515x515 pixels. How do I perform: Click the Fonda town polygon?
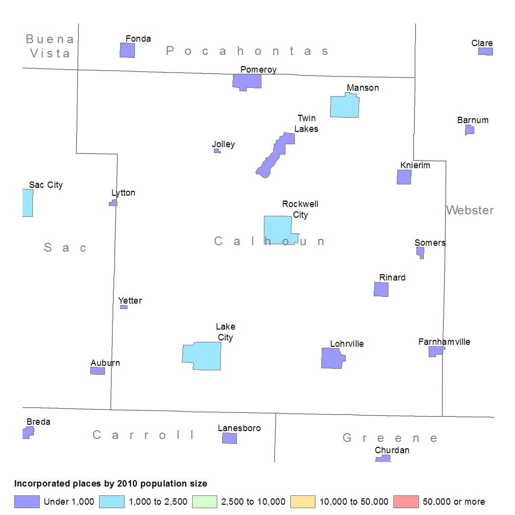point(127,50)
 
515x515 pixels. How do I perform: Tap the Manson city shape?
point(344,106)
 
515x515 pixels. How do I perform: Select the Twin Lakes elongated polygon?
point(275,155)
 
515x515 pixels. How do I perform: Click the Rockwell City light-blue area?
point(278,230)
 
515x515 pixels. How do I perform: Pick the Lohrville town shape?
point(333,359)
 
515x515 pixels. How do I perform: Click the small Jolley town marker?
point(217,151)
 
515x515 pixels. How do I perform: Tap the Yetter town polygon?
point(124,307)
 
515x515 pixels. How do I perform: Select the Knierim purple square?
point(404,177)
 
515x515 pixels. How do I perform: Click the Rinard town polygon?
point(381,289)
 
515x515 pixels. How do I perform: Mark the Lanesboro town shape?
point(230,438)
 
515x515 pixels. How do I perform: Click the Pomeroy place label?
point(258,70)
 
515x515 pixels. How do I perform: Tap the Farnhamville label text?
point(444,342)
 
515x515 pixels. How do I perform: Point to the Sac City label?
point(46,185)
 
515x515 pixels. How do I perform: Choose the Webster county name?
point(470,210)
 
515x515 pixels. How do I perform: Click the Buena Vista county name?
point(50,46)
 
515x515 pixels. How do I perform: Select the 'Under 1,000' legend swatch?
point(27,502)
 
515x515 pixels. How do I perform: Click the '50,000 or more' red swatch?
point(406,502)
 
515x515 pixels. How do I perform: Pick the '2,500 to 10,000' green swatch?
point(205,502)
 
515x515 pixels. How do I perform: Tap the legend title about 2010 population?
point(111,484)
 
